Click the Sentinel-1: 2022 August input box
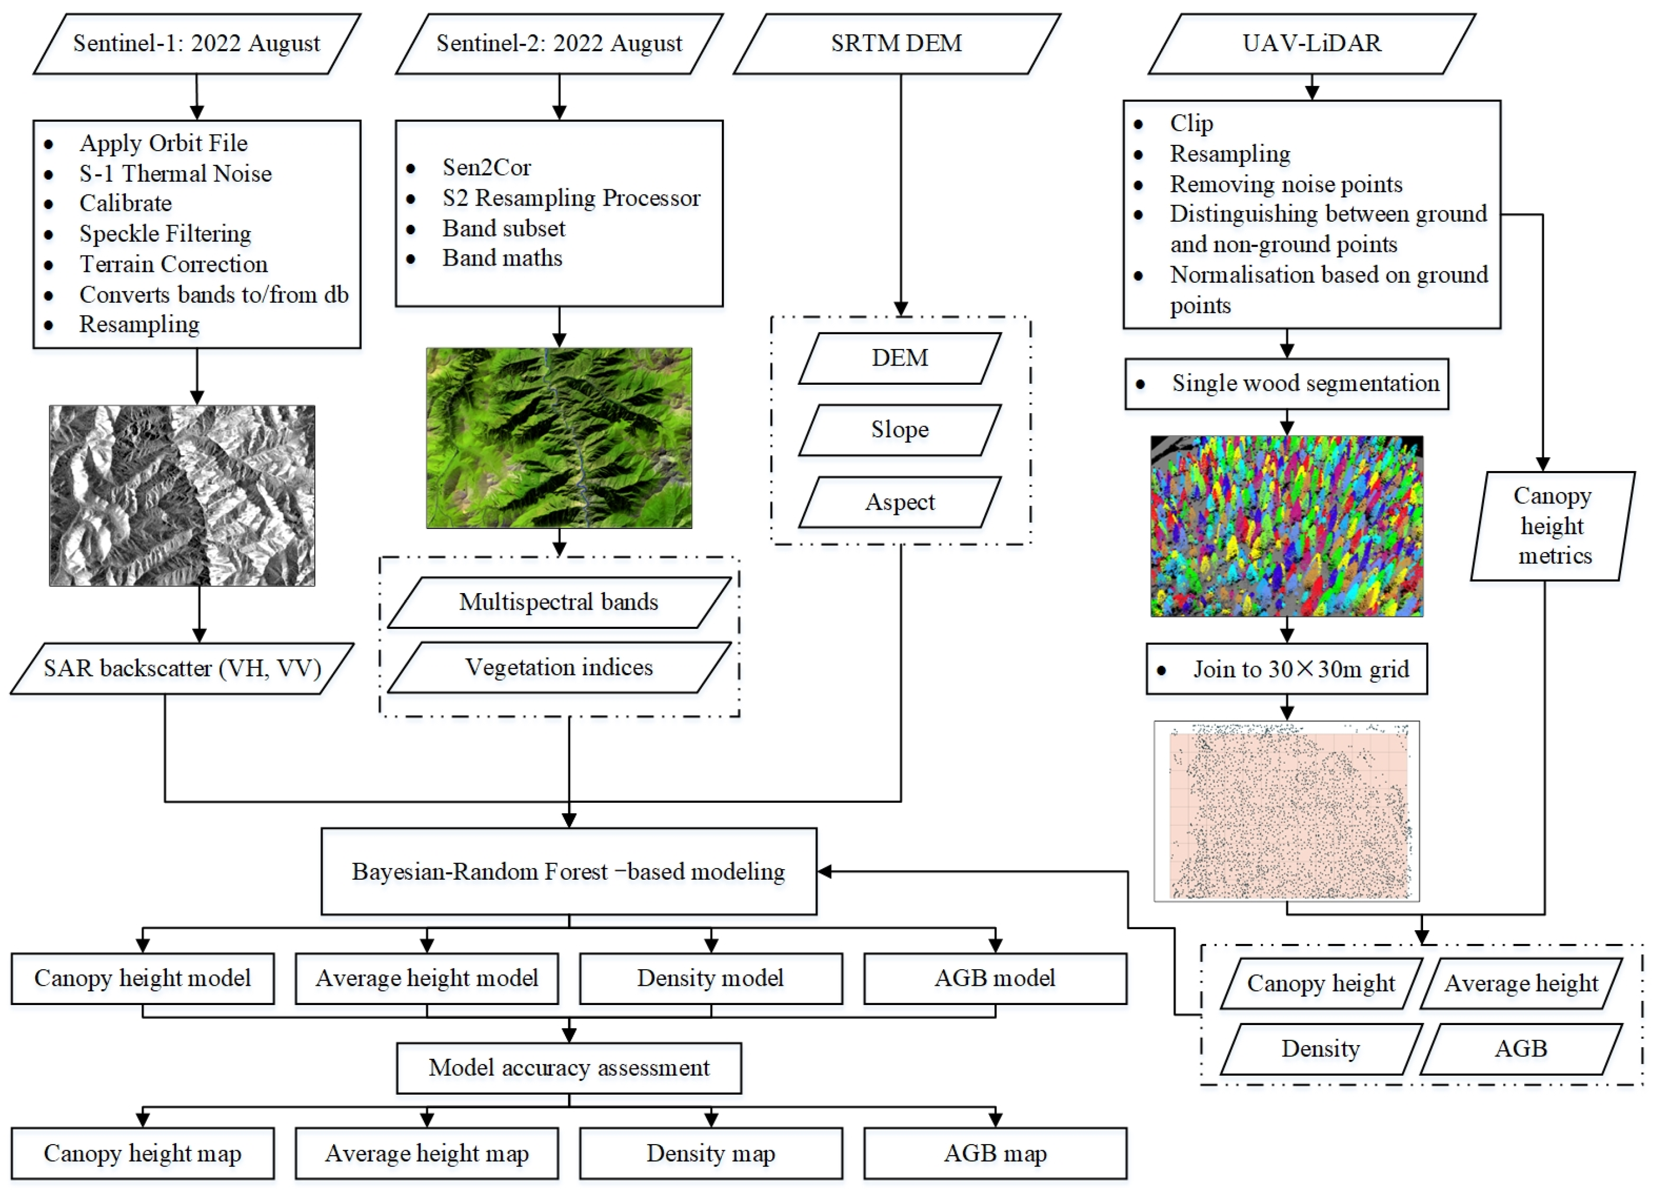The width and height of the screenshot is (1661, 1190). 196,43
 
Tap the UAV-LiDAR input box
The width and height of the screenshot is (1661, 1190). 1311,43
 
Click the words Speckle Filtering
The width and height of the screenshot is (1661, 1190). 165,234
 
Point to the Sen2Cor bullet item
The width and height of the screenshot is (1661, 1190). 486,168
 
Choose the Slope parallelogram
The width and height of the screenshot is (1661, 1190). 899,430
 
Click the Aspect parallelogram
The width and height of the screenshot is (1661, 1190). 899,503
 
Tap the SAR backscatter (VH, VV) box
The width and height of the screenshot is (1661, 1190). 182,668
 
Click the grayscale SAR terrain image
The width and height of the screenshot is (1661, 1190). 182,496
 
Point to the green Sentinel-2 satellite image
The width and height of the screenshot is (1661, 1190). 559,438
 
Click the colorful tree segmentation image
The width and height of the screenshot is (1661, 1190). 1286,526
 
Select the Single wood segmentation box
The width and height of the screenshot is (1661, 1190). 1286,384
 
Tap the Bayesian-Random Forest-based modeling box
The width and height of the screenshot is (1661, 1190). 568,872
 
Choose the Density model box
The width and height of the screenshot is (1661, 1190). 710,978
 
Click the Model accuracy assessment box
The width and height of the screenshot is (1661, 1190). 568,1067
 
